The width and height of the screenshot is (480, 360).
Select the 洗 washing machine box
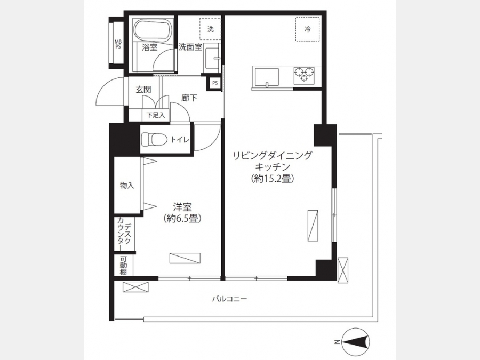[210, 29]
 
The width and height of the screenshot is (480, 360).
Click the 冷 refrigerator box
[307, 29]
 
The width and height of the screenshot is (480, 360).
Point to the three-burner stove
[305, 75]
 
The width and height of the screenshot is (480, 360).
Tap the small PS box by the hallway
[215, 83]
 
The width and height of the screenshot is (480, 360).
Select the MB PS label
[118, 44]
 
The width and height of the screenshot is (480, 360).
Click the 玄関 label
[143, 90]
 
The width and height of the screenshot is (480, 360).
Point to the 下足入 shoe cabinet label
[156, 115]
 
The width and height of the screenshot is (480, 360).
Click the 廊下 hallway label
[189, 98]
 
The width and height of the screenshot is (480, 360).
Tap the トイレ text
[180, 140]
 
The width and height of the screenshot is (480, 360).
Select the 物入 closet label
[127, 185]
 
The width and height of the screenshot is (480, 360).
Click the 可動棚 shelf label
[123, 265]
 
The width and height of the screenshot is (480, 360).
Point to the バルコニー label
[229, 299]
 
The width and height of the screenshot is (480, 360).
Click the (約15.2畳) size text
[272, 179]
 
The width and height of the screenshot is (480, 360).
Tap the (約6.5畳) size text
[182, 218]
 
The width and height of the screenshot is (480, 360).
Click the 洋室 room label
[182, 207]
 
